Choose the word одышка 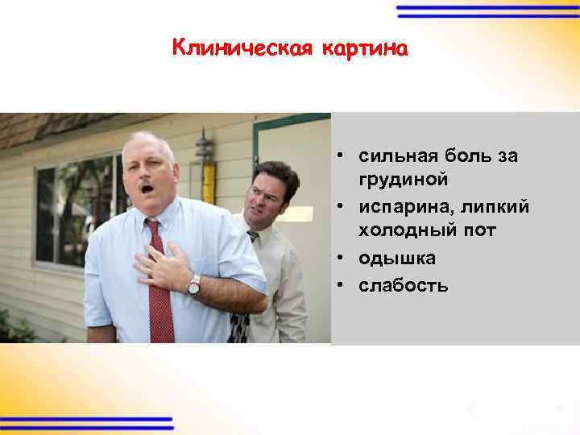coord(397,258)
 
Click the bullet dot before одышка coord(342,258)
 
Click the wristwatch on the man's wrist coord(194,284)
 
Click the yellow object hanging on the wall coord(209,182)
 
